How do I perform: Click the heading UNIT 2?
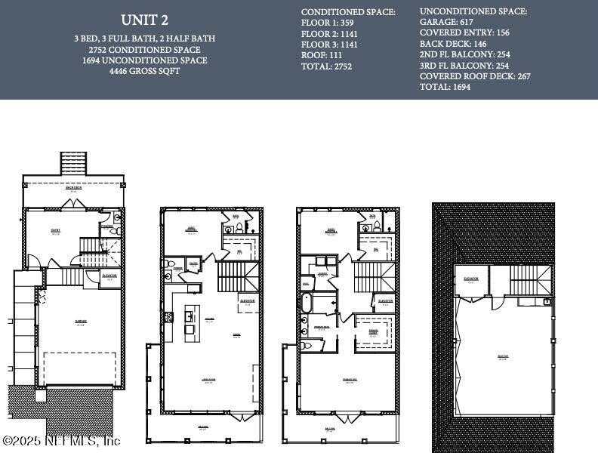pyautogui.click(x=144, y=20)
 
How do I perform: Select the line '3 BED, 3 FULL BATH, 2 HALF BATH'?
pyautogui.click(x=144, y=38)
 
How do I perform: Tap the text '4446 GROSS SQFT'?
pyautogui.click(x=144, y=71)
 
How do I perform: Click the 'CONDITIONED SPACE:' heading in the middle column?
pyautogui.click(x=348, y=13)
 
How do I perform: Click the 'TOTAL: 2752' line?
pyautogui.click(x=327, y=66)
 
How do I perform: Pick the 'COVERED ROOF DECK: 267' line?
pyautogui.click(x=475, y=76)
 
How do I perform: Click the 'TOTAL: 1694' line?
pyautogui.click(x=445, y=87)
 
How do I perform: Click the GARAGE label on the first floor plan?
pyautogui.click(x=81, y=322)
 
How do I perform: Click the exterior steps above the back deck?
pyautogui.click(x=73, y=163)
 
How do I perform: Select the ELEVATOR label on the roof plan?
pyautogui.click(x=471, y=279)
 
